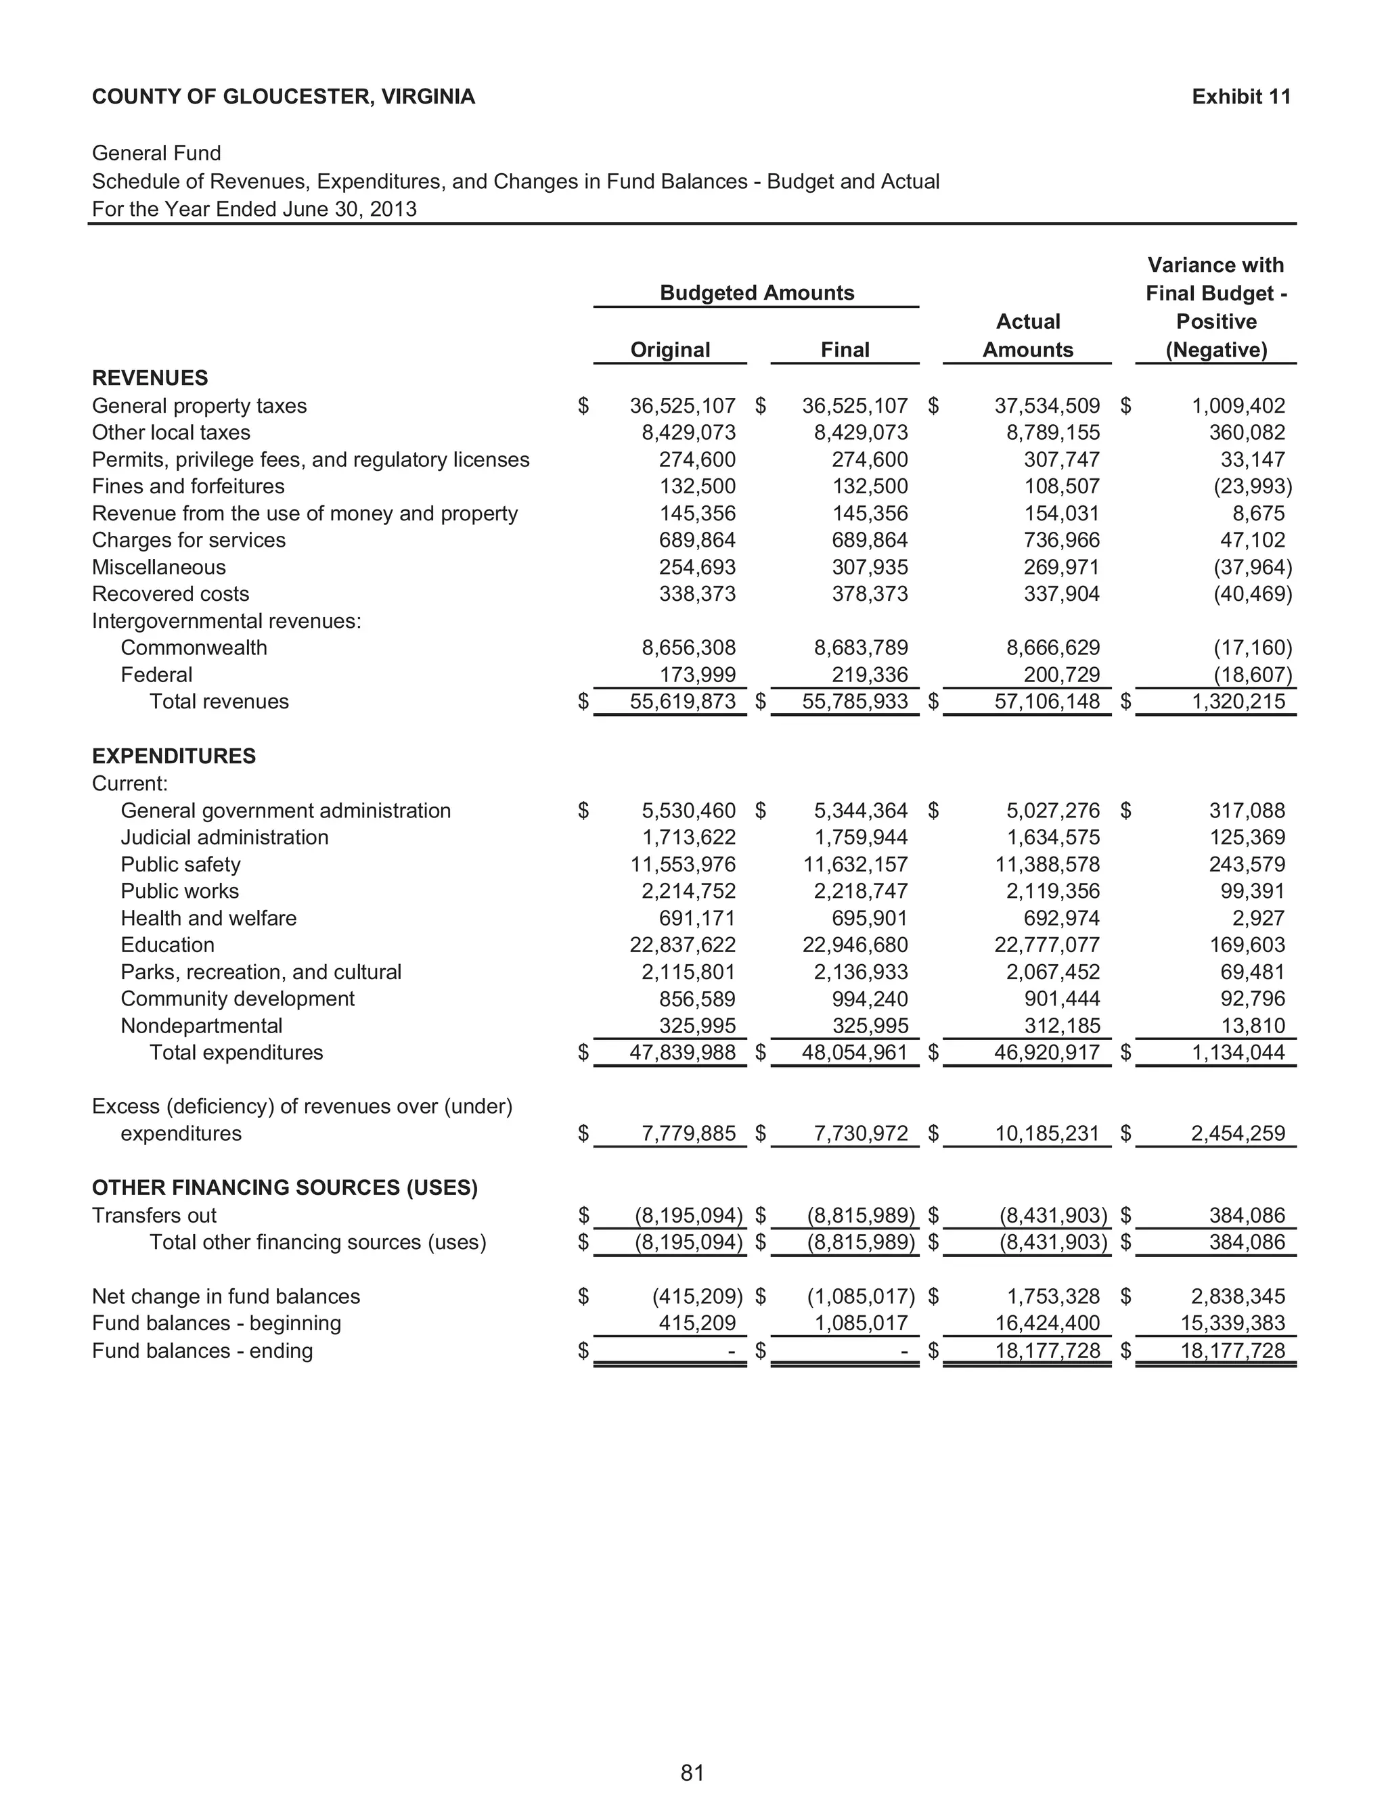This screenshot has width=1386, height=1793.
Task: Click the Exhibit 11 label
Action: click(1240, 97)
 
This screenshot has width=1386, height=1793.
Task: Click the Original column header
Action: click(670, 350)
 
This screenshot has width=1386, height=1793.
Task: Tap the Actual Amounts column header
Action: click(1027, 336)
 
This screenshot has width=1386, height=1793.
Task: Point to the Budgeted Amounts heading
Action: click(756, 293)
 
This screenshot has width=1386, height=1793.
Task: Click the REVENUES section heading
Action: click(150, 378)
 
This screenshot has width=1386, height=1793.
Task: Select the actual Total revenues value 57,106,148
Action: click(1047, 702)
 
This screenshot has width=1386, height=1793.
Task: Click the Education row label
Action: click(168, 945)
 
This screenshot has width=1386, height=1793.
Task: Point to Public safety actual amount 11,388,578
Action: click(1047, 865)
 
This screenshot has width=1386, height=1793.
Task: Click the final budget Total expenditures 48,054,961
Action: click(855, 1053)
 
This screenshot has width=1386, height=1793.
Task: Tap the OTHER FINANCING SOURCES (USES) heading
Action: click(284, 1188)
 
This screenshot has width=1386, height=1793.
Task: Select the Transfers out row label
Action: click(154, 1215)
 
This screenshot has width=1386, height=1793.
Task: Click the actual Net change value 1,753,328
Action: click(1054, 1296)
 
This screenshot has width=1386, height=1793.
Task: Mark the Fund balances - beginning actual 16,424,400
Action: click(1047, 1323)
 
